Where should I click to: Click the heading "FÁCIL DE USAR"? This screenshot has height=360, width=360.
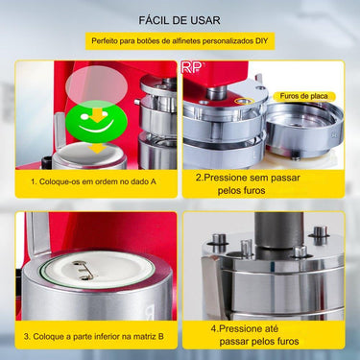pos(180,19)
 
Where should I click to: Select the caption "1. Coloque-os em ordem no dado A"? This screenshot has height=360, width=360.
pos(94,180)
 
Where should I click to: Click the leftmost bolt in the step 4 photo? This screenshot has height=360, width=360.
pos(219,240)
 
